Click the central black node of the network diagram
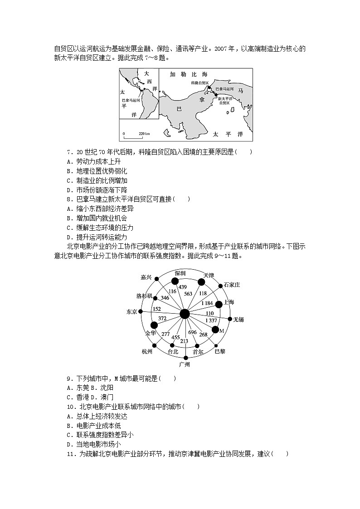(185, 314)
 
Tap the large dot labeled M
(215, 330)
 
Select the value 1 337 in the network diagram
(211, 320)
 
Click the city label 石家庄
(232, 285)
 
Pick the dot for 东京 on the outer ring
(141, 312)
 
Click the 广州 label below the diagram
(184, 364)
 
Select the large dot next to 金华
(154, 325)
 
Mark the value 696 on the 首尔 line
(192, 332)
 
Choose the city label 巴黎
(219, 351)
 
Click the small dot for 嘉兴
(156, 278)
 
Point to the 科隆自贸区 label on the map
(199, 83)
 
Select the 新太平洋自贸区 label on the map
(224, 101)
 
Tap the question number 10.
(70, 407)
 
